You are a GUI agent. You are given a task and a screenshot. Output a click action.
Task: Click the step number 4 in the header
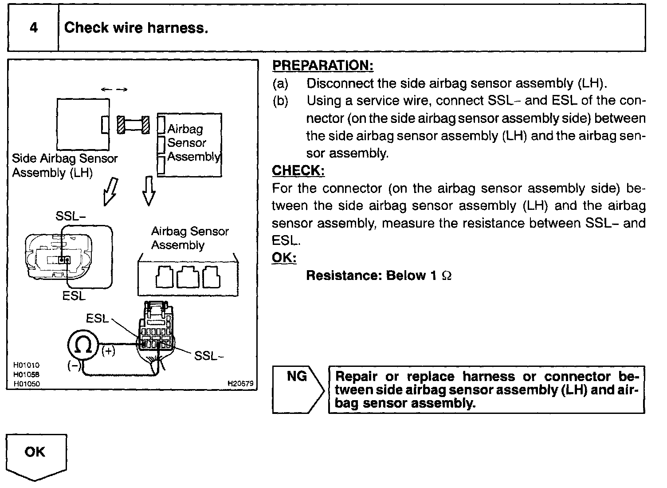coord(34,28)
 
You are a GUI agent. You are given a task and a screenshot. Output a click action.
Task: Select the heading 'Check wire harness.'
coord(136,28)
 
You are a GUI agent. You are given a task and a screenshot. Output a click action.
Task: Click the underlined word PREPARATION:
coord(322,66)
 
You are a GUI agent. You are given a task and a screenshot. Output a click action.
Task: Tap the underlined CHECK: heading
coord(298,171)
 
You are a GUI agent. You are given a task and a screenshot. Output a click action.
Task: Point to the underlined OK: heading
coord(284,258)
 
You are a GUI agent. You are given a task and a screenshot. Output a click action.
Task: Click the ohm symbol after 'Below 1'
coord(447,276)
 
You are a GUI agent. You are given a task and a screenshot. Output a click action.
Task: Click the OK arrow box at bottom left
coord(35,455)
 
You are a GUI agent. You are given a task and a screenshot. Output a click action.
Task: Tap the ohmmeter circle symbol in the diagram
coord(82,345)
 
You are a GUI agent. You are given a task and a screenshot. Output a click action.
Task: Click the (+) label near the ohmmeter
coord(108,351)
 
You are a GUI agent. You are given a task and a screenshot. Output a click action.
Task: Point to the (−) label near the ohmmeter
coord(74,365)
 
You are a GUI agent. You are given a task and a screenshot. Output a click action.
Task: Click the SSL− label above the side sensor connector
coord(71,216)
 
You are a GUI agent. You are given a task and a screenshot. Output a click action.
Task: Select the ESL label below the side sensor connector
coord(74,295)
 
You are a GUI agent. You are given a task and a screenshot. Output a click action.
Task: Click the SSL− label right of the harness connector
coord(206,356)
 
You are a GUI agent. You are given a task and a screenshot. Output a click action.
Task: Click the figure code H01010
coord(26,365)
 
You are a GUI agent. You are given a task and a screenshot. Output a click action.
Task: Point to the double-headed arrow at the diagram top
coord(114,90)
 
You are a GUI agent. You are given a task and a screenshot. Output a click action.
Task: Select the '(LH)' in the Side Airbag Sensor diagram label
coord(81,173)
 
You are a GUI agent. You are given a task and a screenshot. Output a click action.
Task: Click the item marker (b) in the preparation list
coord(280,101)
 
